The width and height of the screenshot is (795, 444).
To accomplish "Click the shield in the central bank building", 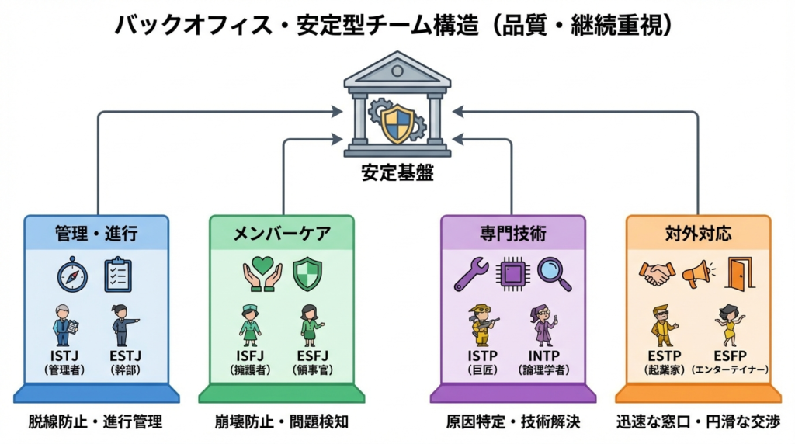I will (397, 123).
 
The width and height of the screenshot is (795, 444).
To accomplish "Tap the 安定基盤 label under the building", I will (397, 173).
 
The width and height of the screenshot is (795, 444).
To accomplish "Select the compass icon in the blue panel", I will (71, 274).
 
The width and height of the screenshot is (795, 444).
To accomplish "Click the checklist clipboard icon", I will (118, 274).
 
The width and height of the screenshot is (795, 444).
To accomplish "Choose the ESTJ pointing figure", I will (123, 324).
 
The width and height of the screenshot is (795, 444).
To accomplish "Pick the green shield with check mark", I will (307, 274).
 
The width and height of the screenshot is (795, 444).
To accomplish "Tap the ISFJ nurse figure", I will (250, 324).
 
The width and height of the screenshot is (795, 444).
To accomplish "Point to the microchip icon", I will (513, 274).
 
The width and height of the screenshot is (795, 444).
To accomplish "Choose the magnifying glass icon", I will (554, 274).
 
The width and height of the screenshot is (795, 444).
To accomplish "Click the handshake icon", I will (657, 274).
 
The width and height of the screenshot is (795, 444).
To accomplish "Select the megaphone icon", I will (697, 274).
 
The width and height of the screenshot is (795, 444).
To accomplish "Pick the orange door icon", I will (739, 274).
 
